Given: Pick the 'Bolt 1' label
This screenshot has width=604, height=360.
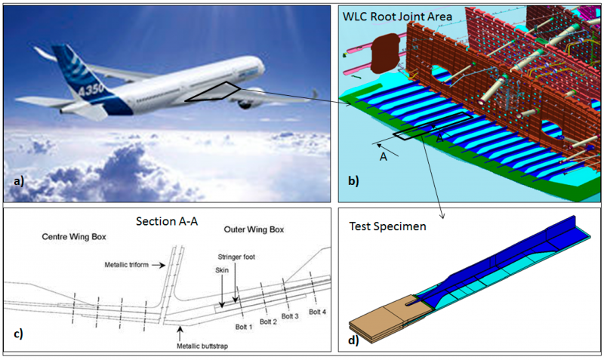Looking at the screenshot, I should (243, 327).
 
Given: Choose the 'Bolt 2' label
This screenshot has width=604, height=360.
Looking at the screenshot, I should (268, 322).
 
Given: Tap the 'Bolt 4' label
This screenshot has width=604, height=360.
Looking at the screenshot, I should (317, 312).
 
